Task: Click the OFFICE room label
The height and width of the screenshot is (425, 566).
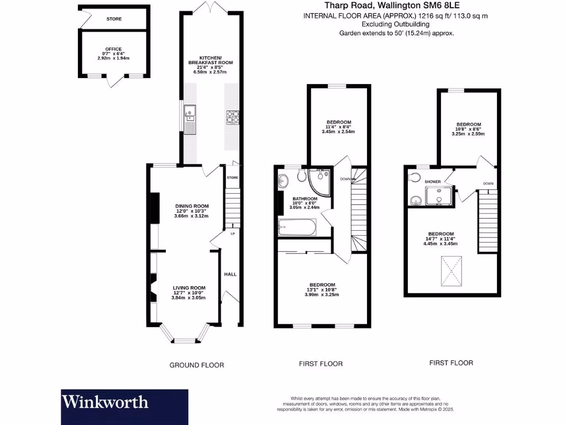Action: [x=113, y=49]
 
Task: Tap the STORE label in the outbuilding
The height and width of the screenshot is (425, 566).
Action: [x=114, y=19]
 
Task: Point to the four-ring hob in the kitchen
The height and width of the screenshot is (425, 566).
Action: [x=232, y=117]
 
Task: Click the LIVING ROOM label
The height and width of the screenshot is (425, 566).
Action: [x=189, y=288]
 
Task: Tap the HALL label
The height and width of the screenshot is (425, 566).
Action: [x=230, y=274]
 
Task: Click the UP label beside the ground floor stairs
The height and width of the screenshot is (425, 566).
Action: [x=233, y=234]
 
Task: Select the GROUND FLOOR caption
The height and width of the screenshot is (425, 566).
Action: [x=196, y=365]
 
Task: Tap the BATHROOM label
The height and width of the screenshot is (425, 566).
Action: [x=305, y=199]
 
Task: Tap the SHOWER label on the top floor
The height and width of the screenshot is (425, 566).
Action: [x=433, y=182]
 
